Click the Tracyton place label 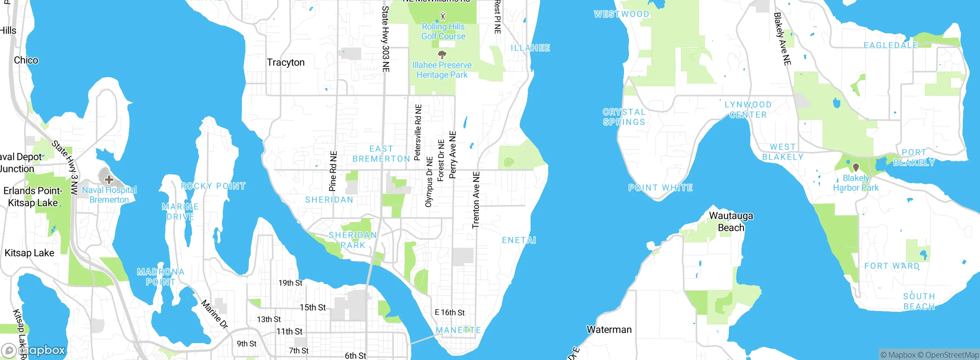pyautogui.click(x=286, y=62)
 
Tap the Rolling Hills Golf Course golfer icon pyautogui.click(x=443, y=16)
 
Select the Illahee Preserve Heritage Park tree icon pyautogui.click(x=442, y=54)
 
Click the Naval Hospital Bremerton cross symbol pyautogui.click(x=109, y=179)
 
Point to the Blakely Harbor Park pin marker pyautogui.click(x=856, y=167)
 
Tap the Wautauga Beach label pyautogui.click(x=731, y=222)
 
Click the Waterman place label pyautogui.click(x=609, y=330)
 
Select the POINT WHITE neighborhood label pyautogui.click(x=660, y=188)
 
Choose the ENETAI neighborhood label pyautogui.click(x=519, y=240)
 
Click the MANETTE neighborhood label pyautogui.click(x=458, y=330)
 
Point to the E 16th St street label pyautogui.click(x=449, y=313)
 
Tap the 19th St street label pyautogui.click(x=290, y=283)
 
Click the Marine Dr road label pyautogui.click(x=215, y=314)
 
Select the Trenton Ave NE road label pyautogui.click(x=476, y=200)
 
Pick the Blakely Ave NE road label pyautogui.click(x=782, y=39)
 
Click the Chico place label pyautogui.click(x=26, y=60)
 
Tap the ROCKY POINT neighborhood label pyautogui.click(x=213, y=186)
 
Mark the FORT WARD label pyautogui.click(x=892, y=266)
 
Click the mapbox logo pyautogui.click(x=34, y=350)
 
